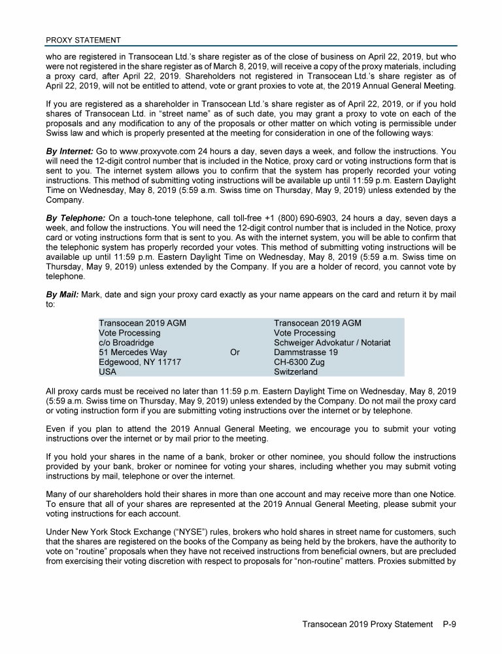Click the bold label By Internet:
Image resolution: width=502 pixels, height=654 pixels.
[71, 151]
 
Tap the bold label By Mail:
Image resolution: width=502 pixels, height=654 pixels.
[62, 295]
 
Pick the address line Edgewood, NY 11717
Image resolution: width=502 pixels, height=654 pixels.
[139, 362]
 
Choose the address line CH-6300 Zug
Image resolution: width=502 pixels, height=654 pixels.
[299, 362]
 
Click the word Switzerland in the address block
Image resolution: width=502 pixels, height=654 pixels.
[295, 372]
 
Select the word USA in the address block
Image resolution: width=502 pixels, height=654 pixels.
[108, 372]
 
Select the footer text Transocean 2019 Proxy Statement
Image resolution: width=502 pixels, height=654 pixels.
[367, 624]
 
